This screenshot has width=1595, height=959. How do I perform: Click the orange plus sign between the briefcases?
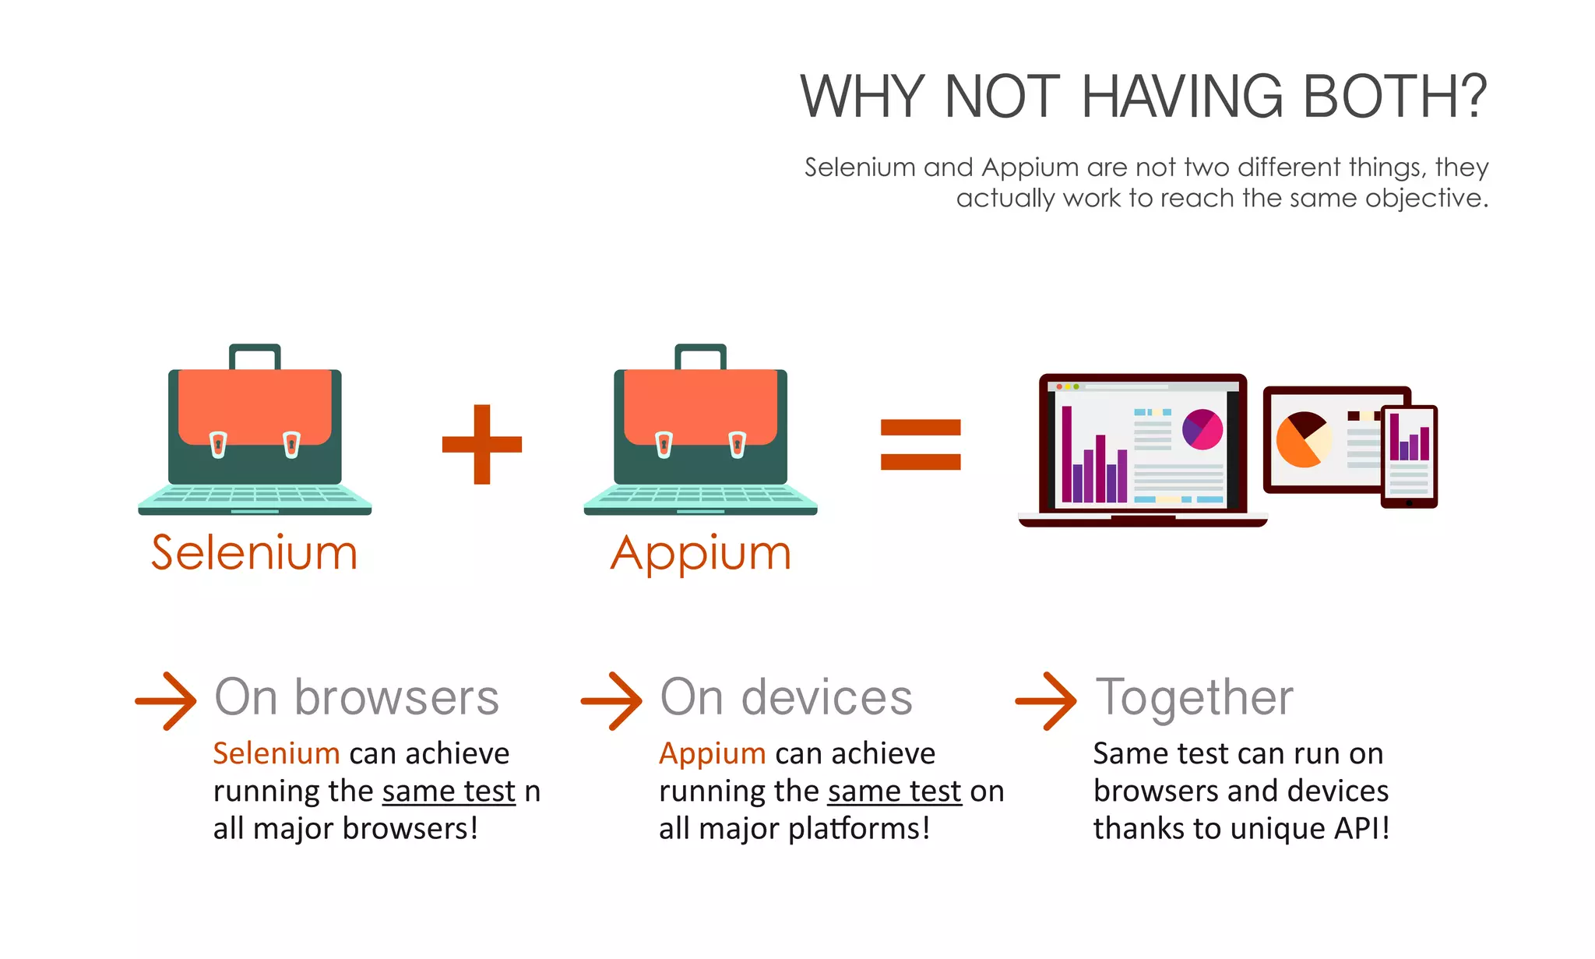click(x=482, y=444)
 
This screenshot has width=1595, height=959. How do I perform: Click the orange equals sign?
click(x=921, y=444)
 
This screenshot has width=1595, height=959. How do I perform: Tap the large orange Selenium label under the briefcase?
click(x=255, y=553)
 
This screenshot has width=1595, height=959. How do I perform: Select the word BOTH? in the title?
click(x=1395, y=97)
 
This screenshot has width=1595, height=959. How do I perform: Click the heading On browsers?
click(x=357, y=697)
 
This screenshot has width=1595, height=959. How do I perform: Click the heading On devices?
click(x=787, y=697)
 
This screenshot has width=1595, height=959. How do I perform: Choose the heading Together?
click(x=1195, y=697)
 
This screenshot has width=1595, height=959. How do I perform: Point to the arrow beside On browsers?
click(x=166, y=701)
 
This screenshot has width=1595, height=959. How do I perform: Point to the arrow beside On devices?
click(x=612, y=701)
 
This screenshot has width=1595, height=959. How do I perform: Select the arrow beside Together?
click(x=1047, y=701)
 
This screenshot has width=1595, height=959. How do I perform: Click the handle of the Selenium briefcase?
click(x=255, y=354)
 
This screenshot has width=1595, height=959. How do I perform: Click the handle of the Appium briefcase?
click(x=701, y=354)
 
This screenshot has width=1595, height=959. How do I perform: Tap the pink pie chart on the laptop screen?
click(x=1202, y=429)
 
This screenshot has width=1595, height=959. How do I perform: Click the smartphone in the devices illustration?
click(x=1409, y=457)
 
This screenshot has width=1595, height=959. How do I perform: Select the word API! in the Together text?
click(x=1362, y=828)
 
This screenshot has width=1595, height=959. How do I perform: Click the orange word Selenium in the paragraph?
click(x=276, y=753)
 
